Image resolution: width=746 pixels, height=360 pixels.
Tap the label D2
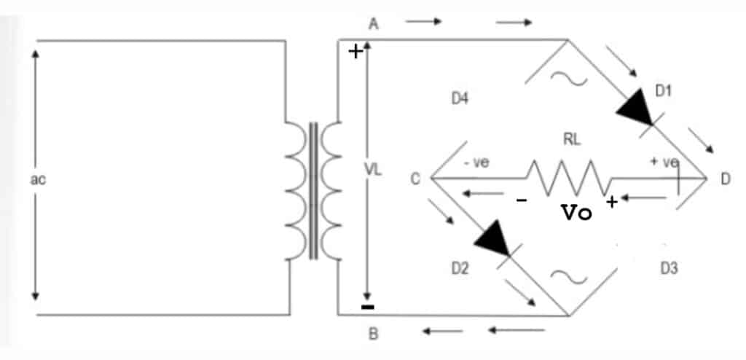pos(460,270)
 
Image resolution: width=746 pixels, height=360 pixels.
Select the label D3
pos(669,269)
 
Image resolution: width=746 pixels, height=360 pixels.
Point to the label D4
pos(459,99)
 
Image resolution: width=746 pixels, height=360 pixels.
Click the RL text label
pos(572,141)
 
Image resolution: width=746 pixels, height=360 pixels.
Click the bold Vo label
pos(576,213)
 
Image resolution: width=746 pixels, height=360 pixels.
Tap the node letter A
pos(374,24)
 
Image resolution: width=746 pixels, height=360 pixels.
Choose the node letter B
pos(374,336)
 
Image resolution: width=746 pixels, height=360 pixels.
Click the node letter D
pos(726,179)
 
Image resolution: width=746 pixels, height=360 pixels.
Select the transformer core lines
pos(314,191)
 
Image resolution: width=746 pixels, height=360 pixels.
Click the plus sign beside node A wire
pos(356,52)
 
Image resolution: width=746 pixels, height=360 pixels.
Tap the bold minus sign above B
pos(368,307)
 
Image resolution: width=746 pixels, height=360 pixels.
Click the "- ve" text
pos(476,163)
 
